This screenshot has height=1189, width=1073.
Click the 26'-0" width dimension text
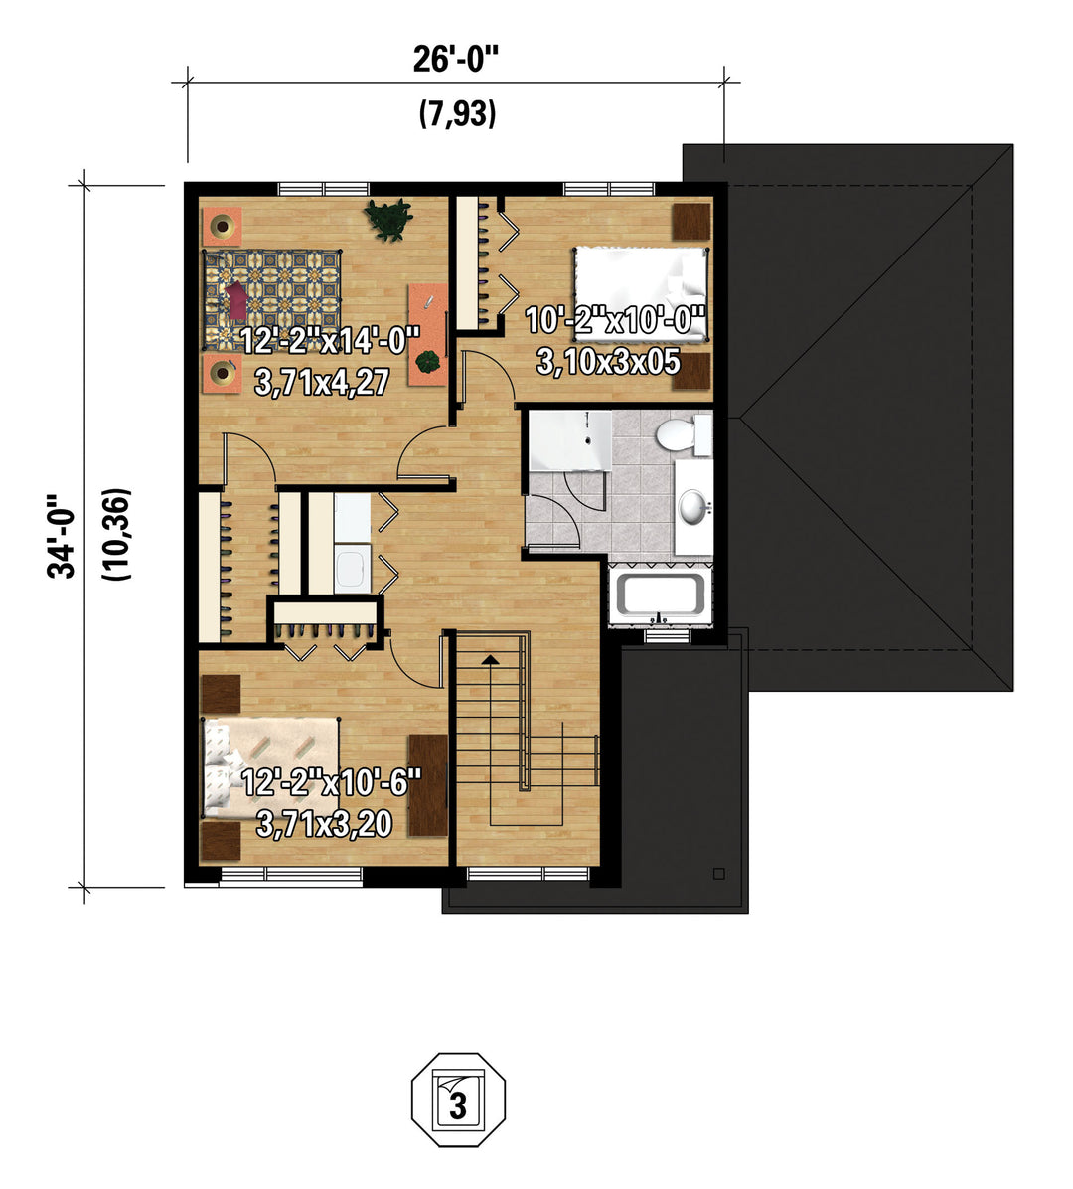pos(457,59)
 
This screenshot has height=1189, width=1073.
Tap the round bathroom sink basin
pos(693,507)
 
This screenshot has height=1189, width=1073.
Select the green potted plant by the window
pos(388,219)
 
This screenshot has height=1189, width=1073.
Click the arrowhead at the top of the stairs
pos(490,659)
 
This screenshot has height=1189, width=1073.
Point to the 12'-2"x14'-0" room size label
pos(330,340)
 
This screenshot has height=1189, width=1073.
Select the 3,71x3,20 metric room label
pos(324,824)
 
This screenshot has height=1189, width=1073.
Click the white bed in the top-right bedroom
pos(640,292)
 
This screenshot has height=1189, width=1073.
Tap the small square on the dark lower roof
pos(718,874)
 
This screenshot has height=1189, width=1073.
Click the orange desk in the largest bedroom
pos(428,334)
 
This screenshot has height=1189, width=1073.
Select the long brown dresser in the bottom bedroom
pos(428,784)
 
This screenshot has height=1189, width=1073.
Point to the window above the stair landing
pos(528,874)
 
